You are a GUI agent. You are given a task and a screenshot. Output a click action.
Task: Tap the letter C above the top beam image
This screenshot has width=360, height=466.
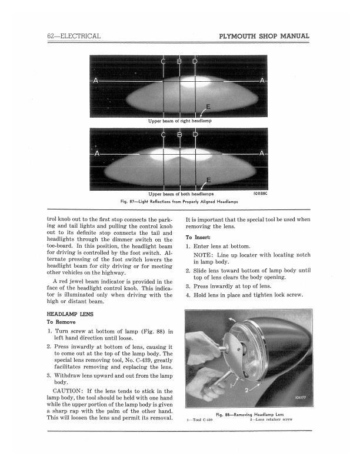[x=162, y=64]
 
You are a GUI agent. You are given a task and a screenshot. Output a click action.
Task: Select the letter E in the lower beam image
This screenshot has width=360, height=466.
[x=208, y=179]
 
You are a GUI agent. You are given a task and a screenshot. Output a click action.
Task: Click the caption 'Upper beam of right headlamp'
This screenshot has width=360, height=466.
[x=179, y=121]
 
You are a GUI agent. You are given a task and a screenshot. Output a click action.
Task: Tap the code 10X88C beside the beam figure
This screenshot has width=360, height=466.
[x=261, y=192]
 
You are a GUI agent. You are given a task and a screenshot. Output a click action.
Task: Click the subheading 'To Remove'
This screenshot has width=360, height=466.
[x=61, y=322]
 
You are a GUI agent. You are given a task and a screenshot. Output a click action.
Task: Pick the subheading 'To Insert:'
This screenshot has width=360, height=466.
[x=198, y=236]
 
